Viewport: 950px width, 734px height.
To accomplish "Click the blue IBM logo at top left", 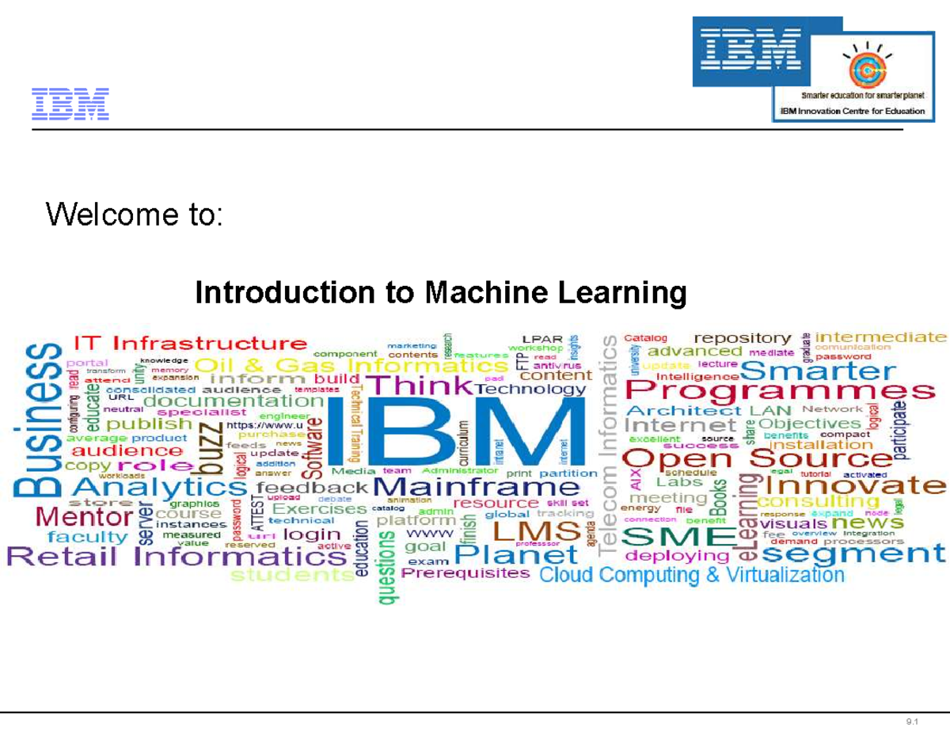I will (x=70, y=105).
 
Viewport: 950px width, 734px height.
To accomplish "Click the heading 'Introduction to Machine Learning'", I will (x=441, y=294).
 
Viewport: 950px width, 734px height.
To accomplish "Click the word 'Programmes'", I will (x=779, y=391).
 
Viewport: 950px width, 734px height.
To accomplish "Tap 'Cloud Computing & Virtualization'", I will (x=692, y=574).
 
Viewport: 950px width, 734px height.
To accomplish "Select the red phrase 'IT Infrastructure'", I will (x=190, y=344).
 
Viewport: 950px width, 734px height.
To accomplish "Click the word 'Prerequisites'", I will (x=466, y=574).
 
